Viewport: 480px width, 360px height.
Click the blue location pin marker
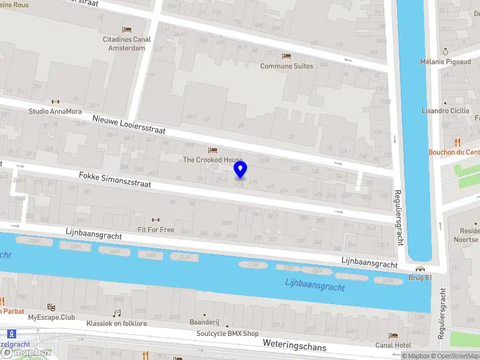point(240,170)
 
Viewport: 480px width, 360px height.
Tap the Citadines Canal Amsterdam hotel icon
point(127,29)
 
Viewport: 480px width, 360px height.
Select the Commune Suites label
point(286,66)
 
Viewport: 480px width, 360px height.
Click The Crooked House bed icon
point(212,150)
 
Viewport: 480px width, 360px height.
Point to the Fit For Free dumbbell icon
point(156,220)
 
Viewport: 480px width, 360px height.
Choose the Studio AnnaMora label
point(56,111)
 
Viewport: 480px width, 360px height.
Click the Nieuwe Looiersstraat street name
point(129,125)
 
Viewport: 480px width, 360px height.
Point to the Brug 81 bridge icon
point(419,268)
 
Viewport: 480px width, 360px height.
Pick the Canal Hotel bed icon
point(393,335)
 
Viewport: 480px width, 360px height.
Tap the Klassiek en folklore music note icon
point(117,313)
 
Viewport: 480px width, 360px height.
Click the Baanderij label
point(204,322)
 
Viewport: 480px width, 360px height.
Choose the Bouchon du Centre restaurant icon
point(457,142)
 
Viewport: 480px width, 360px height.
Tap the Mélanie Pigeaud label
point(445,61)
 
